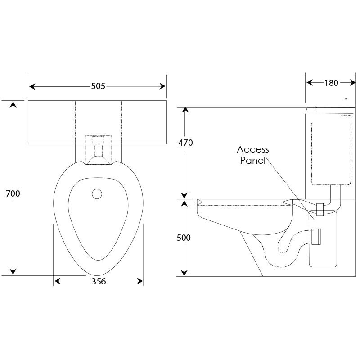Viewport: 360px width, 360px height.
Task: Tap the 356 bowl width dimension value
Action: coord(99,282)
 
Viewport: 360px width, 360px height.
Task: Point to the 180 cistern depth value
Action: coord(331,82)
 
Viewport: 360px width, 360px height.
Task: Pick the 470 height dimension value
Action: coord(185,143)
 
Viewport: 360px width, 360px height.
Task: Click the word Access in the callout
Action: coord(253,149)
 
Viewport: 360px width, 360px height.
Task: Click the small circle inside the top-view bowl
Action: coord(97,194)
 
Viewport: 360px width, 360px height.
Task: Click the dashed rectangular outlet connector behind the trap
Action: coord(316,236)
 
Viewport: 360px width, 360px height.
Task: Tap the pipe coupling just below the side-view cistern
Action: coord(320,210)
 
